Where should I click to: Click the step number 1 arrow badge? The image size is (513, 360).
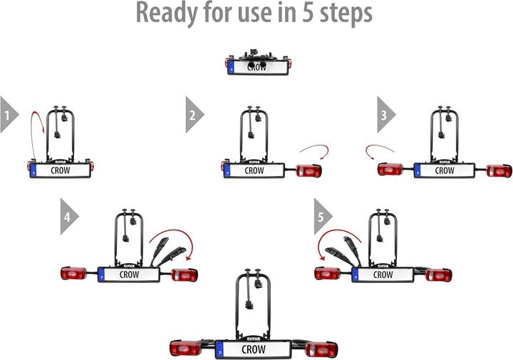pyautogui.click(x=9, y=114)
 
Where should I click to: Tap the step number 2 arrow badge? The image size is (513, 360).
pyautogui.click(x=193, y=114)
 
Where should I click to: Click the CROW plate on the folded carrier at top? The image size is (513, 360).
pyautogui.click(x=256, y=68)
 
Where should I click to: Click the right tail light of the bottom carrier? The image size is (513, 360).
pyautogui.click(x=323, y=349)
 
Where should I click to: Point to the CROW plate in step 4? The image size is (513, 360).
pyautogui.click(x=129, y=274)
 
